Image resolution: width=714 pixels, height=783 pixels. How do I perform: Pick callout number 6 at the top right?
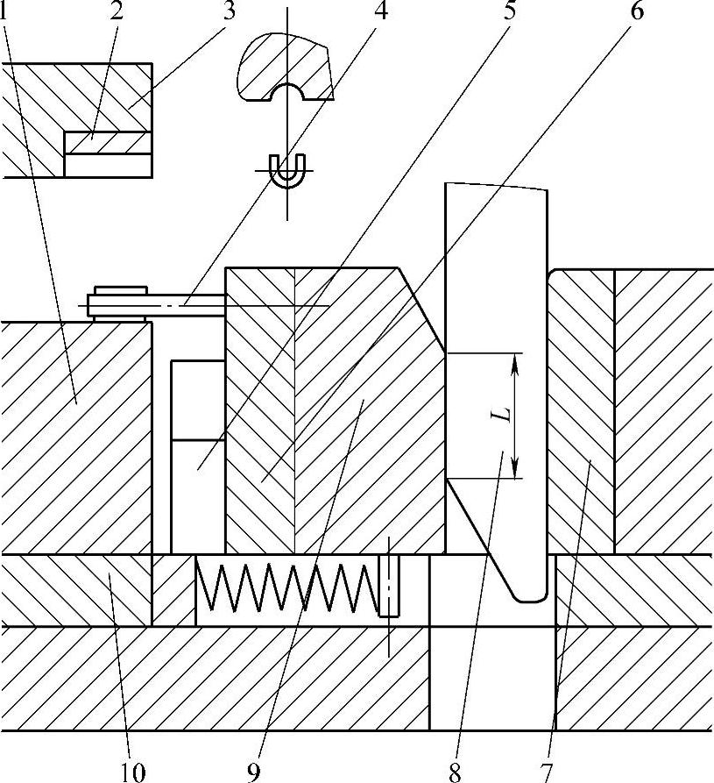(636, 12)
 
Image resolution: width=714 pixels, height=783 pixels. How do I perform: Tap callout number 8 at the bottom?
(455, 772)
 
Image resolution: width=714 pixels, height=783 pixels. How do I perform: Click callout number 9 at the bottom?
(254, 772)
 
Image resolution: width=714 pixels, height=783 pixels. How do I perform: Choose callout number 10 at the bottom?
(129, 772)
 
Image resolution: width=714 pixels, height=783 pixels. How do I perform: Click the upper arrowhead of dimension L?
(514, 361)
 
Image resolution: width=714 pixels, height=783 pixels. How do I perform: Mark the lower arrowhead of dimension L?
(514, 471)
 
